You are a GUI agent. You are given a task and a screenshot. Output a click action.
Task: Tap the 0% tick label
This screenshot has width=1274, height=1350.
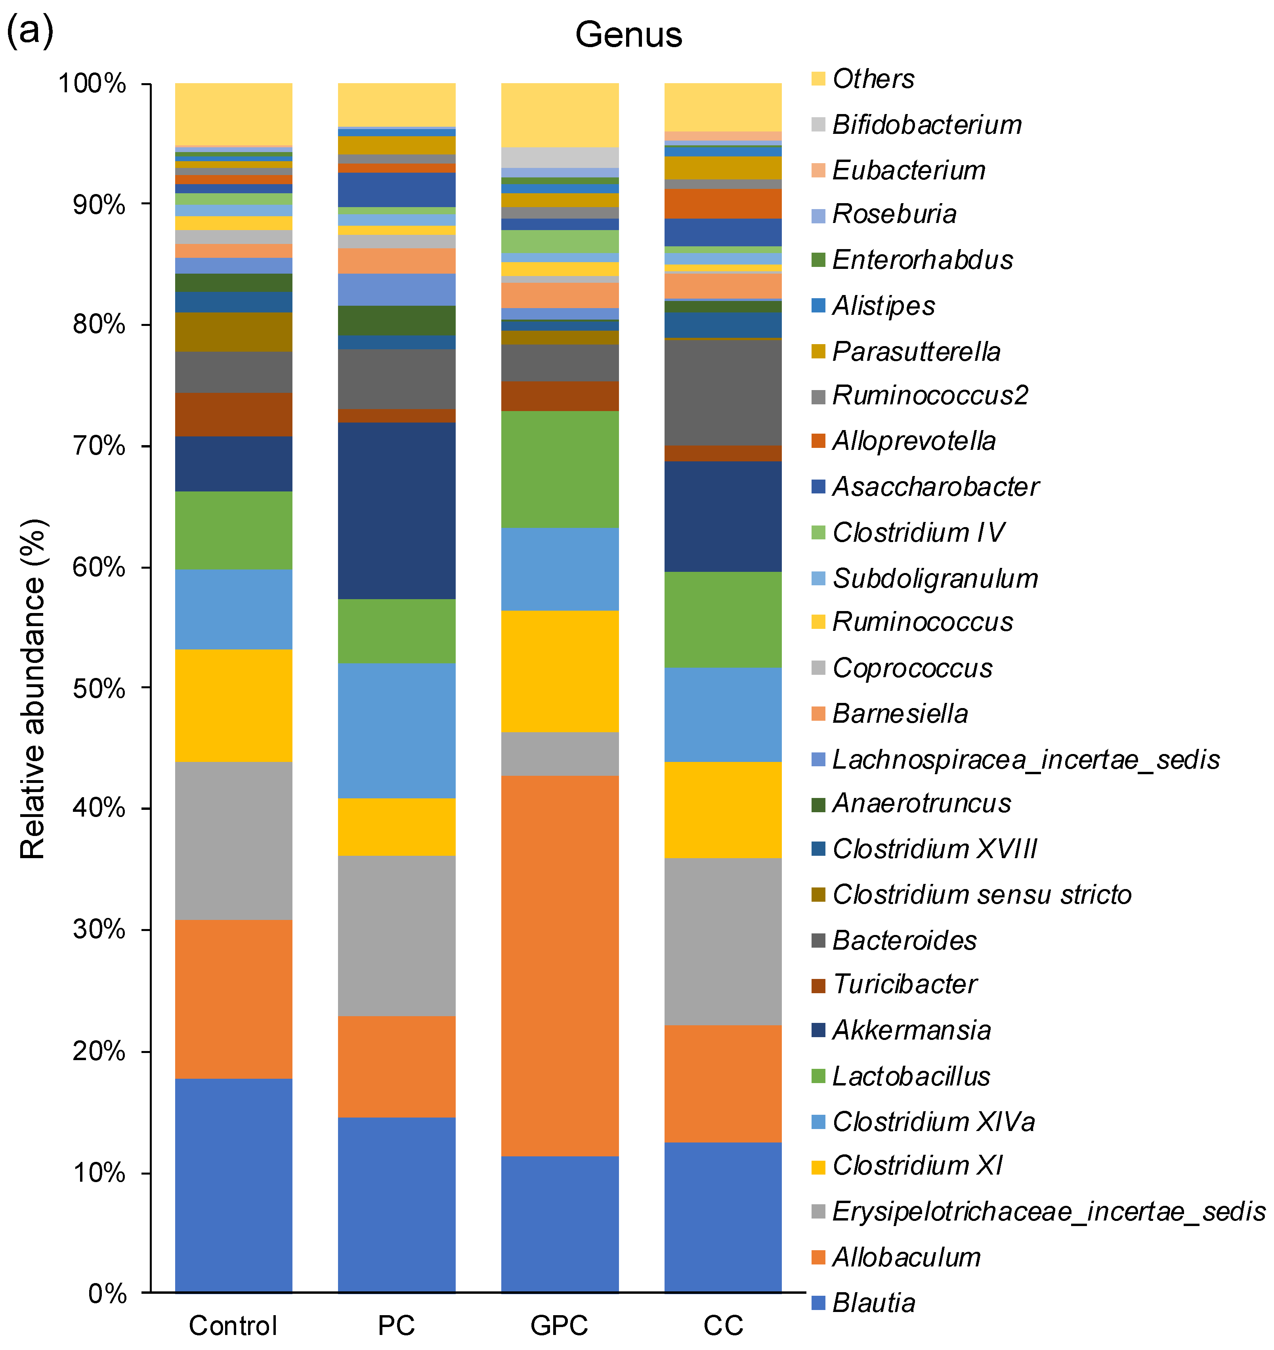coord(107,1294)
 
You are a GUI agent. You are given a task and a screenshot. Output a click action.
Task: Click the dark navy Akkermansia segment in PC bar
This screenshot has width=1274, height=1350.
coord(396,511)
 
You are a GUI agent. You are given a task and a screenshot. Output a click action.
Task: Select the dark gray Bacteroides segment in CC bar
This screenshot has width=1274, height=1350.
coord(722,392)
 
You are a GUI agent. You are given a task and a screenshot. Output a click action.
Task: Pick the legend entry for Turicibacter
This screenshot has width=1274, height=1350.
coord(904,984)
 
